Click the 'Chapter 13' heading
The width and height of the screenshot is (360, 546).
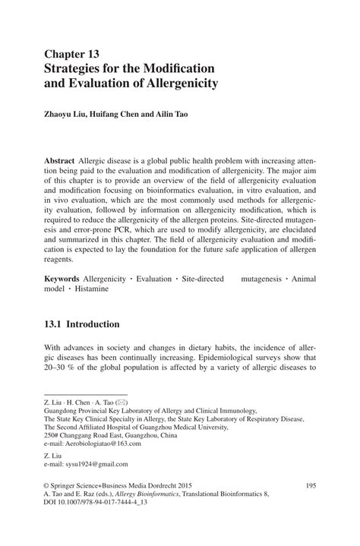click(x=73, y=54)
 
